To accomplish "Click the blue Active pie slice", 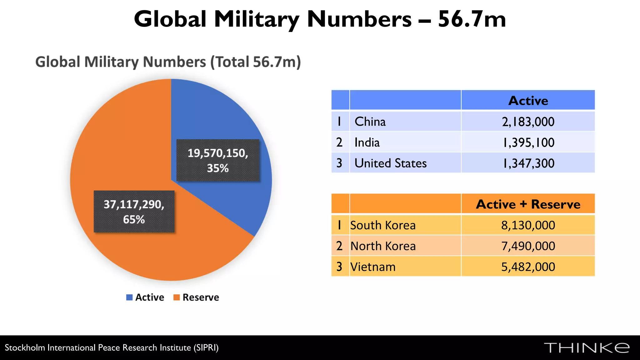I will [219, 112].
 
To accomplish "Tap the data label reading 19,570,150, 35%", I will [218, 160].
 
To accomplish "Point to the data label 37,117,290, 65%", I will [134, 212].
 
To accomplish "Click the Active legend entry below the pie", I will [145, 297].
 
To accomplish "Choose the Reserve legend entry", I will [197, 297].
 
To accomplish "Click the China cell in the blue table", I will [370, 122].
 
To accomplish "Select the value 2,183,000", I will [528, 122].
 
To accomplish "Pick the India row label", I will [367, 142].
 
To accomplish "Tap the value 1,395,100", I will [528, 142].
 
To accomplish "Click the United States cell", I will [391, 163].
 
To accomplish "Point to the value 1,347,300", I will [528, 163].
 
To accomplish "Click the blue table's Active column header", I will [528, 101].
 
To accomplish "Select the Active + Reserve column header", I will [528, 204].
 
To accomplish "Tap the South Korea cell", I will [383, 225].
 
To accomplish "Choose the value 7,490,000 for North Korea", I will [528, 246].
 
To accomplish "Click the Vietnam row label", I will [373, 267].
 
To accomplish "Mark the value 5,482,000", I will [528, 267].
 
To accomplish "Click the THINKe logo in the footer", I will [587, 348].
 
